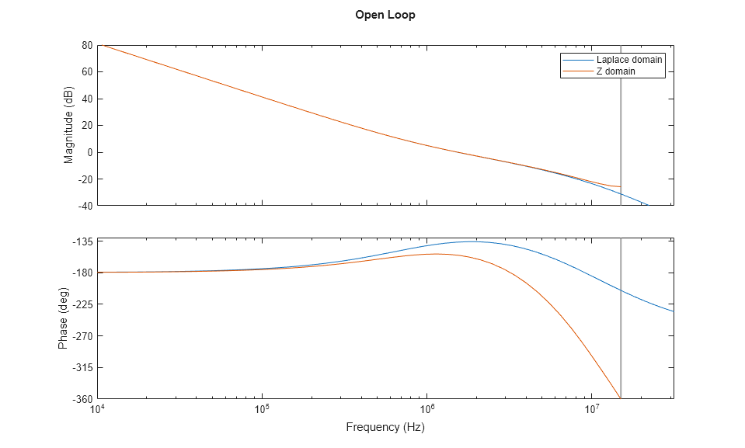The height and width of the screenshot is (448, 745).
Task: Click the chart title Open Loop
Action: [x=385, y=15]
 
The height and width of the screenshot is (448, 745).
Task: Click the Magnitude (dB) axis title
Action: [x=69, y=126]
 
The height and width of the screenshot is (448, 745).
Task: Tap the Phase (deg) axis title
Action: [x=63, y=318]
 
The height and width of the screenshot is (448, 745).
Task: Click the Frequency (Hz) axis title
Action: [x=385, y=427]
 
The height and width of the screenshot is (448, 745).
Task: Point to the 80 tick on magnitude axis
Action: [x=87, y=45]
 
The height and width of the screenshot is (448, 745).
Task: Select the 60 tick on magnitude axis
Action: [x=87, y=72]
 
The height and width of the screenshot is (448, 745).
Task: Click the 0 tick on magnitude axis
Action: [x=89, y=152]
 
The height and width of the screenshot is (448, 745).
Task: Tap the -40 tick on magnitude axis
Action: [x=85, y=206]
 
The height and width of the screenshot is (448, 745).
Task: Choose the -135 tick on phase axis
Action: [x=82, y=241]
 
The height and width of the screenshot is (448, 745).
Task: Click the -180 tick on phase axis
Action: [x=82, y=273]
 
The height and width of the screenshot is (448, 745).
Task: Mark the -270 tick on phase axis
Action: [x=82, y=336]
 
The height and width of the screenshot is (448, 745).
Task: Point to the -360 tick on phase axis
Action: [x=82, y=399]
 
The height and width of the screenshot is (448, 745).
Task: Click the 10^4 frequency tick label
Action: [x=97, y=410]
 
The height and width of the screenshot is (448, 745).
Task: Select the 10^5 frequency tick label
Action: [x=262, y=410]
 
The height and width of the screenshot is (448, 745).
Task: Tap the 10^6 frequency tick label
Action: [x=426, y=410]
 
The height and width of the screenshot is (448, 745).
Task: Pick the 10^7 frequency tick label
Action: [x=591, y=410]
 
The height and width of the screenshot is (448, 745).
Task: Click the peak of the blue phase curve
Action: [x=472, y=241]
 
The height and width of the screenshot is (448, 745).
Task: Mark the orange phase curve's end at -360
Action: [x=619, y=398]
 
